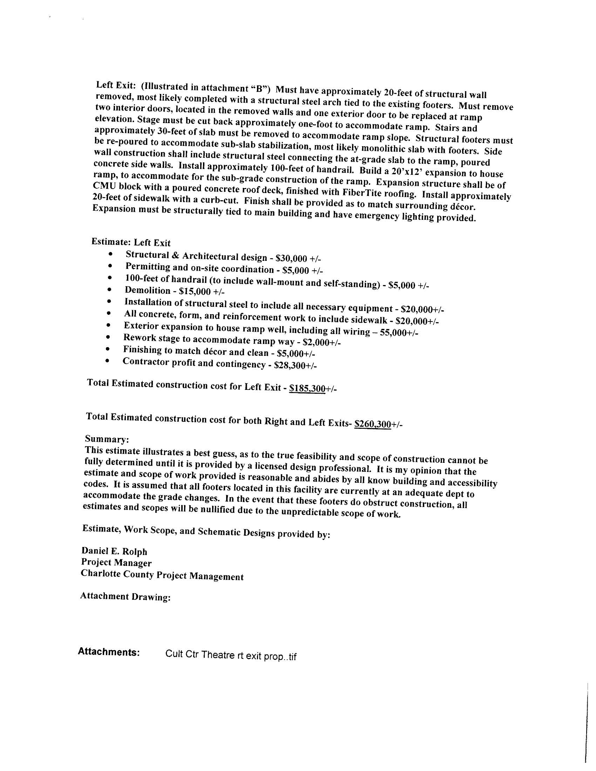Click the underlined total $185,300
coord(307,388)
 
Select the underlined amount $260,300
coord(372,424)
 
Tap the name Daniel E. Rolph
coord(114,551)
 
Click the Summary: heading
coord(107,439)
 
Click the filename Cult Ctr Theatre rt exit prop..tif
coord(231,656)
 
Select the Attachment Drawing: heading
coord(126,597)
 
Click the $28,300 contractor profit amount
coord(291,365)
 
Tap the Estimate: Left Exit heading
coord(131,242)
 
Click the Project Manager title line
coord(116,563)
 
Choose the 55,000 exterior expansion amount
coord(395,333)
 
